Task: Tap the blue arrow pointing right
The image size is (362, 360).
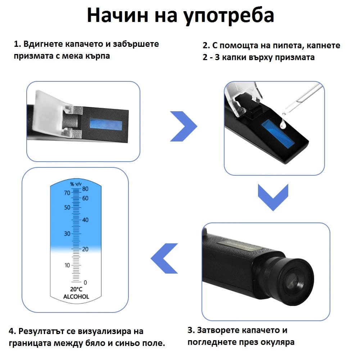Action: click(184, 126)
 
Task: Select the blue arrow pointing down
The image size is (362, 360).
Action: click(273, 197)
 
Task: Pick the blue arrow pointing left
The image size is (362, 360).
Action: click(164, 258)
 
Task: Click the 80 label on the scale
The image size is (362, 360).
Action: click(85, 189)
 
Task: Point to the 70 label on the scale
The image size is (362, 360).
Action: click(67, 193)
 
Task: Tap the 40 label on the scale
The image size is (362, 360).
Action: click(85, 220)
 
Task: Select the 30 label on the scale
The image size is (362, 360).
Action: click(67, 234)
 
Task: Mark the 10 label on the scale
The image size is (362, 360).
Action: click(67, 265)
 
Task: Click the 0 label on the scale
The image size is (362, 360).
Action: click(85, 282)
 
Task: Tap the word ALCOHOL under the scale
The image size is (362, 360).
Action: click(76, 297)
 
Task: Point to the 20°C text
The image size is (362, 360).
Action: click(76, 289)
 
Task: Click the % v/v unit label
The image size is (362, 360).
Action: click(76, 184)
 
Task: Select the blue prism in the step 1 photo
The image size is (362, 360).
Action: click(105, 125)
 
